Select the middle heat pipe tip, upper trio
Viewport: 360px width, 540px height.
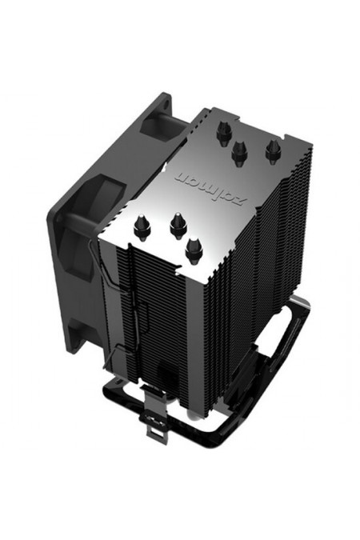238,150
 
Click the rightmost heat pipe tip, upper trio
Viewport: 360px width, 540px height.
273,148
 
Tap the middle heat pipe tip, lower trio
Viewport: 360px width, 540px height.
177,227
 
